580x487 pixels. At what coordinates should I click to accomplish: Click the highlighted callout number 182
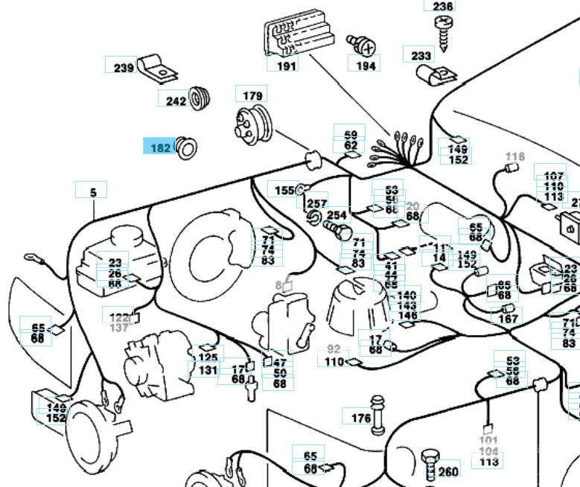click(x=159, y=147)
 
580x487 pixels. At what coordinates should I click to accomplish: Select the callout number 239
click(x=123, y=68)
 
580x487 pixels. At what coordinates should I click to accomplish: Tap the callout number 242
click(x=176, y=101)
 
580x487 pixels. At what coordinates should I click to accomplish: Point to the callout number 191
click(x=287, y=65)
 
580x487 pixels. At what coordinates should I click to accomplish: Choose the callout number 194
click(x=366, y=65)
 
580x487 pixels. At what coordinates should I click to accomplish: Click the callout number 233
click(x=421, y=55)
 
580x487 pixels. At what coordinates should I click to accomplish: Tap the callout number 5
click(x=93, y=192)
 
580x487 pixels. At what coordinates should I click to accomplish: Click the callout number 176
click(x=360, y=418)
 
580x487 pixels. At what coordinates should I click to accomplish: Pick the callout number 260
click(x=448, y=471)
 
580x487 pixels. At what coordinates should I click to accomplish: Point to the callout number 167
click(x=508, y=319)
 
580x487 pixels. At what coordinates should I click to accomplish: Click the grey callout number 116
click(x=514, y=156)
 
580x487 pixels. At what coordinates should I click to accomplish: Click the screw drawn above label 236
click(x=443, y=32)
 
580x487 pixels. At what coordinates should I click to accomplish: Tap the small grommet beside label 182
click(x=185, y=150)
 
